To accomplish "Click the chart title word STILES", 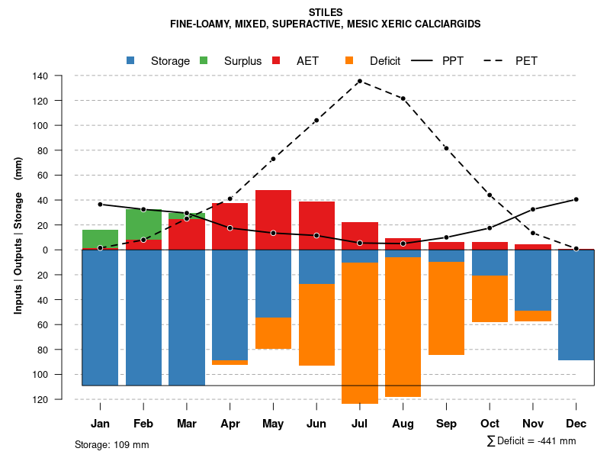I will click(x=326, y=12).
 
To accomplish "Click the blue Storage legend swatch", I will click(x=131, y=61).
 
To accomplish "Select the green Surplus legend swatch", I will click(x=204, y=61).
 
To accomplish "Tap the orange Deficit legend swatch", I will click(x=349, y=61).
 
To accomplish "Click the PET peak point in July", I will click(x=359, y=81).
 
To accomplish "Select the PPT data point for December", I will click(x=576, y=199).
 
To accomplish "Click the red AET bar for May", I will click(x=273, y=220).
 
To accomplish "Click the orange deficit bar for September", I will click(x=446, y=308).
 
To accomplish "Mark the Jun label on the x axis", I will click(x=316, y=424).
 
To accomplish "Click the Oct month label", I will click(x=490, y=424).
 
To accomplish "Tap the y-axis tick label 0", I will click(x=66, y=250).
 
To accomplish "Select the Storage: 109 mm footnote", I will click(x=111, y=444).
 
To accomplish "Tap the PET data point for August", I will click(x=403, y=98).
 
